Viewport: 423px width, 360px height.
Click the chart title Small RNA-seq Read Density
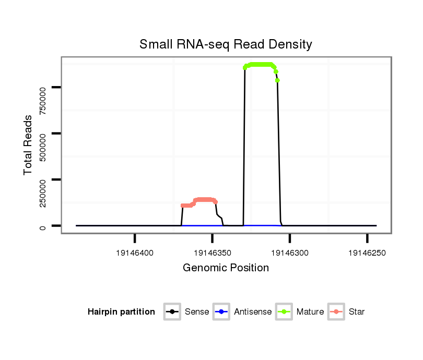click(x=226, y=44)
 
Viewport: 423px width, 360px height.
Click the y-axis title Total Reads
click(x=28, y=145)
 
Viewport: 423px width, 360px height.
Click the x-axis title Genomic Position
click(x=226, y=268)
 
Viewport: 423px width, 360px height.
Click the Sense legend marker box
click(x=172, y=312)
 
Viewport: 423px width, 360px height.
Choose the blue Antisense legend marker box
click(x=221, y=312)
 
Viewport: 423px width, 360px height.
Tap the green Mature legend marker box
click(x=284, y=312)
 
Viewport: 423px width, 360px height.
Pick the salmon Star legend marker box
click(x=337, y=312)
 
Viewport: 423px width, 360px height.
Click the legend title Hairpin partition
click(x=121, y=312)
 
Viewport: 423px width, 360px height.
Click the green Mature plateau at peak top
click(x=260, y=65)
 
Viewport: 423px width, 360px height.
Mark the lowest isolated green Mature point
click(x=278, y=80)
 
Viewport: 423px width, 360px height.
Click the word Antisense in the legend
click(x=253, y=312)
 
